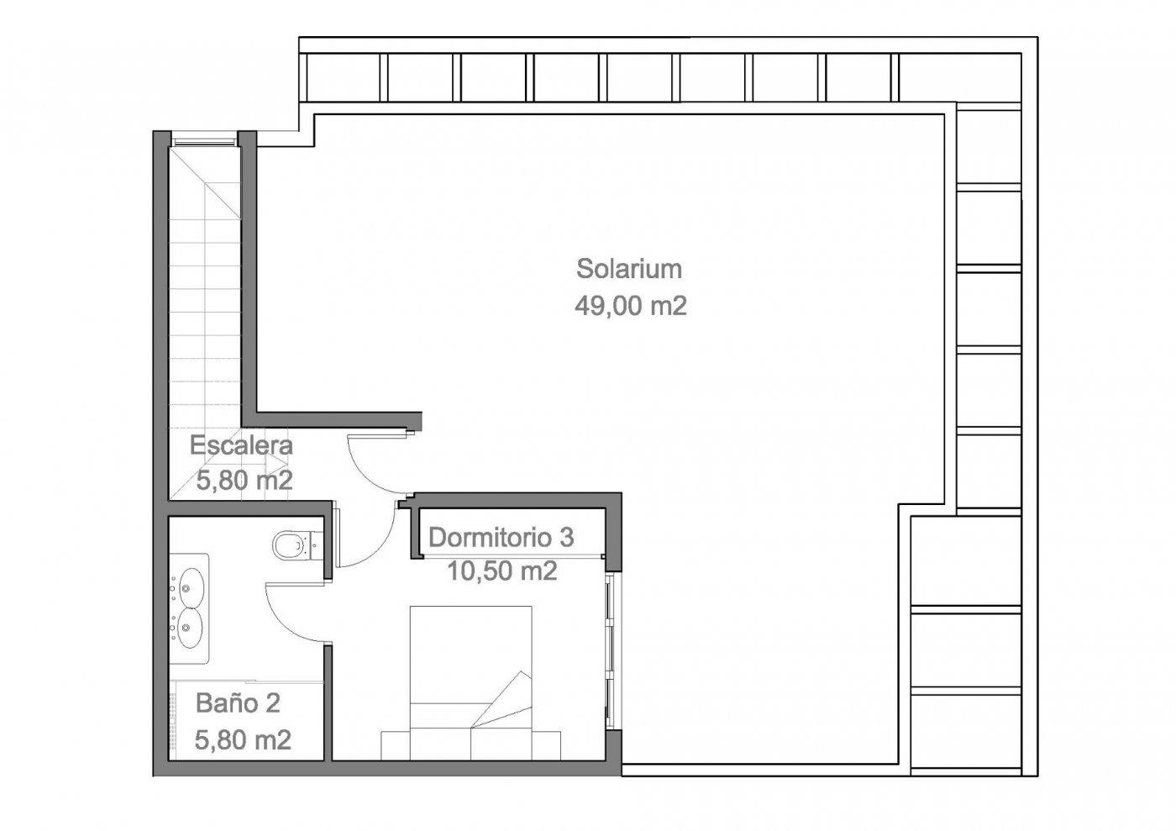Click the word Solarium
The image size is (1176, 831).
coord(628,269)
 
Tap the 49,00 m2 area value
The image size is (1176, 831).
coord(630,306)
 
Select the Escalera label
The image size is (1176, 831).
coord(241,445)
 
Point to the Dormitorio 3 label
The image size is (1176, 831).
coord(501,537)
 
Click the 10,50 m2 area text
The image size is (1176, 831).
coord(501,571)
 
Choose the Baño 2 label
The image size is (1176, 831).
coord(238,702)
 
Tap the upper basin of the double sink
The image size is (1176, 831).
coord(192,586)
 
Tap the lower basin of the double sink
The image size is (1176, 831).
coord(192,626)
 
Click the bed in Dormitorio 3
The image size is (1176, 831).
coord(470,664)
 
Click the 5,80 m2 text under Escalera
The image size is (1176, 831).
coord(244,481)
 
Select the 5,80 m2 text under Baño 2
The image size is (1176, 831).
coord(243,740)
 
